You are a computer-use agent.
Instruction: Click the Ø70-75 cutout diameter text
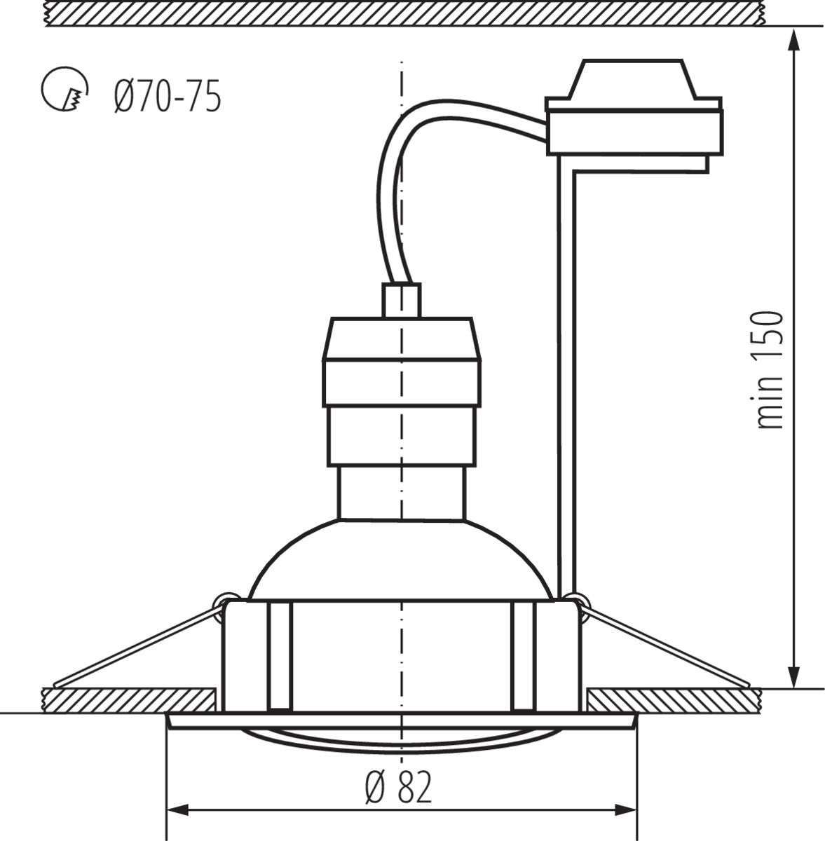click(x=166, y=96)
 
